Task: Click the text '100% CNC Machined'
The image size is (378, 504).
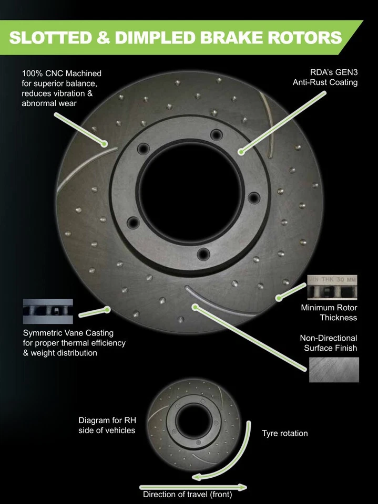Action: (x=62, y=73)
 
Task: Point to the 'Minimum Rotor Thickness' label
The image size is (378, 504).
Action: (x=329, y=312)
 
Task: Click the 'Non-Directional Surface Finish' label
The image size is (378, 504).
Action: (x=328, y=343)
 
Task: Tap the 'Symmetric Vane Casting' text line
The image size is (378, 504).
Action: (x=68, y=333)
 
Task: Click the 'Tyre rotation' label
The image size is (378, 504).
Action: (x=285, y=433)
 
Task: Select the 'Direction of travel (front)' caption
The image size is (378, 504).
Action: (x=188, y=494)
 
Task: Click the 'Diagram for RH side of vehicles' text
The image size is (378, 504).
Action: (x=107, y=425)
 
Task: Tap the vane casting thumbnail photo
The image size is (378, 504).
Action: (x=48, y=311)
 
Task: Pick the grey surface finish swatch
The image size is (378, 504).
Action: (x=334, y=370)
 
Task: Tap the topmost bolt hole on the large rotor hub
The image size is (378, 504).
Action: (x=216, y=134)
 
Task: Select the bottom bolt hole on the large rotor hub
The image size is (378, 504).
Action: (x=203, y=254)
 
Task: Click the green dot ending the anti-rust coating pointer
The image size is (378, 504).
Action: (x=241, y=152)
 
